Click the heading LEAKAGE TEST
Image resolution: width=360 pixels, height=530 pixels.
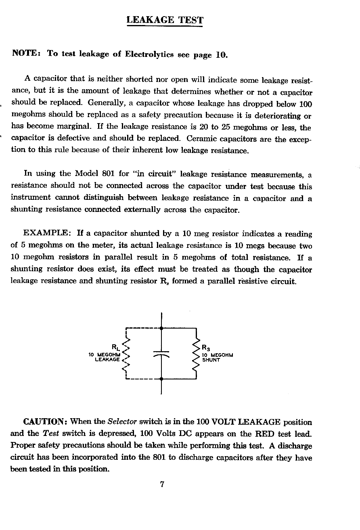[x=165, y=20]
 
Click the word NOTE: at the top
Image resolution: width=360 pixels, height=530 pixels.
[x=25, y=53]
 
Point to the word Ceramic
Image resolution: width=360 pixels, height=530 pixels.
[x=205, y=139]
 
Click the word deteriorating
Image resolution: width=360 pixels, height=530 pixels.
[x=277, y=116]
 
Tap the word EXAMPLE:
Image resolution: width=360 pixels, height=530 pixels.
[x=48, y=233]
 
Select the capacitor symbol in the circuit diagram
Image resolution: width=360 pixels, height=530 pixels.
[x=161, y=354]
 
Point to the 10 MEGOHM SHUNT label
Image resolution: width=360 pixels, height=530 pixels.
[x=218, y=358]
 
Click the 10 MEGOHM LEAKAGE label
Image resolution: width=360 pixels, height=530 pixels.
[x=104, y=357]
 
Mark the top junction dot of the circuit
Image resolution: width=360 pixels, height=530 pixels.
[x=161, y=328]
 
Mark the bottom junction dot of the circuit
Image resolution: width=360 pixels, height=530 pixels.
[x=161, y=379]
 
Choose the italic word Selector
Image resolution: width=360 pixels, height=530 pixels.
[x=122, y=422]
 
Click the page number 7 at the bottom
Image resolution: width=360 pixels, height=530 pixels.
[x=161, y=484]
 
